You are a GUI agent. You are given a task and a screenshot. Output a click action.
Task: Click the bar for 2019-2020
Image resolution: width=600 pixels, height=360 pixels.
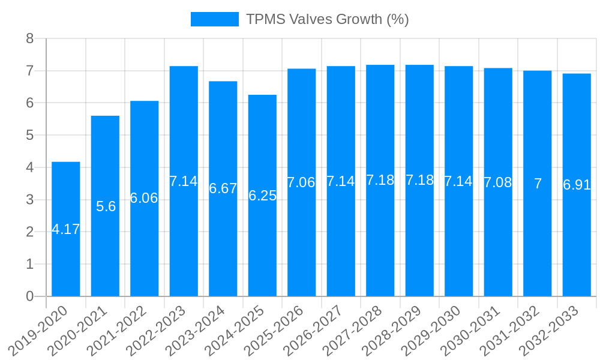point(66,240)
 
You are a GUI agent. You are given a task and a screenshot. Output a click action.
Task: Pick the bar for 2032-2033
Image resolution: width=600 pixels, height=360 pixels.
point(577,240)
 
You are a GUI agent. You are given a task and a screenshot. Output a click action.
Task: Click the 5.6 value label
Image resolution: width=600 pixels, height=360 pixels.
point(106,206)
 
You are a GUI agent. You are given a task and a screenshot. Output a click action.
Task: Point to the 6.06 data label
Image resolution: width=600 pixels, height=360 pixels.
point(144,198)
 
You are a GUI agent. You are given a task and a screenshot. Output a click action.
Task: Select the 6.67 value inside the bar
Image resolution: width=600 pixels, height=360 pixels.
point(223,188)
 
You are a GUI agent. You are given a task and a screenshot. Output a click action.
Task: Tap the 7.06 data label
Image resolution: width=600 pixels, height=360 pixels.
point(301,182)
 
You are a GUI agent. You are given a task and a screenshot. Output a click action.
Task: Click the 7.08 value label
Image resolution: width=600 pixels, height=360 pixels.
point(498,182)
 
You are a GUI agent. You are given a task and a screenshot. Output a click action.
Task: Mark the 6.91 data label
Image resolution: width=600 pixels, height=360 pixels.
point(577,185)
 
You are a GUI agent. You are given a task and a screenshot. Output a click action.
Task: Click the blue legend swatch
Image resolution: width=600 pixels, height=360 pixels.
point(214,19)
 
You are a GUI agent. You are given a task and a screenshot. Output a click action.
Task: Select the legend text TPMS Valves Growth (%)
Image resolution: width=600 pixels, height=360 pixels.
point(328,19)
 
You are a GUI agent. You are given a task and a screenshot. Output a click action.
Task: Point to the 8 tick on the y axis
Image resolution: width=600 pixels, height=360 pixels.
point(30,38)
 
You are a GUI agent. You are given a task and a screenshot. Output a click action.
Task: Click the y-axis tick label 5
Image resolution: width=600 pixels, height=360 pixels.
point(30,135)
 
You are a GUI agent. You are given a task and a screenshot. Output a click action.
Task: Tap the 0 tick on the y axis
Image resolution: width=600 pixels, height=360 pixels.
point(30,296)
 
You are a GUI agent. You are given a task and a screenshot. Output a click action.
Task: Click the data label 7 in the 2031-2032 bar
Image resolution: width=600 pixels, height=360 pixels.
point(538,184)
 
